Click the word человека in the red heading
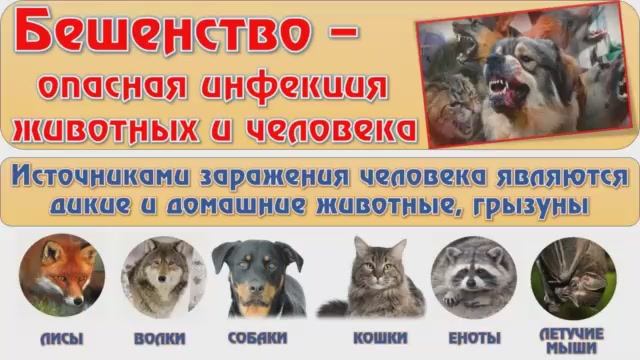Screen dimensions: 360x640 334,128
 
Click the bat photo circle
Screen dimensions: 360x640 572,275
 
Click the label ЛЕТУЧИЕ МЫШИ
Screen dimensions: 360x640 572,339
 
